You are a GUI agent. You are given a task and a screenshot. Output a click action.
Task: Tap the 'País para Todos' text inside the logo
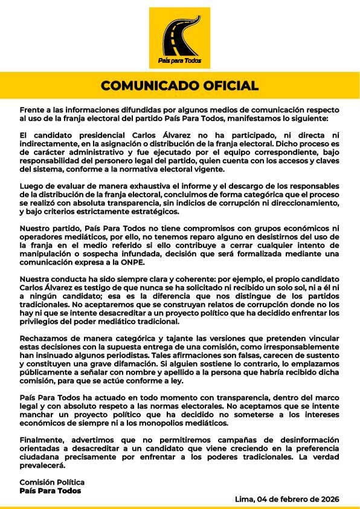point(179,62)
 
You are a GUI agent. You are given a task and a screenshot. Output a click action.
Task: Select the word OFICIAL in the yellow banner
point(227,85)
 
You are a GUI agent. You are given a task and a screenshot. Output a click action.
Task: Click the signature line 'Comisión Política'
point(52,482)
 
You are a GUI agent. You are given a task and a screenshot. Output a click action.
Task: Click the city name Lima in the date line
point(244,499)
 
